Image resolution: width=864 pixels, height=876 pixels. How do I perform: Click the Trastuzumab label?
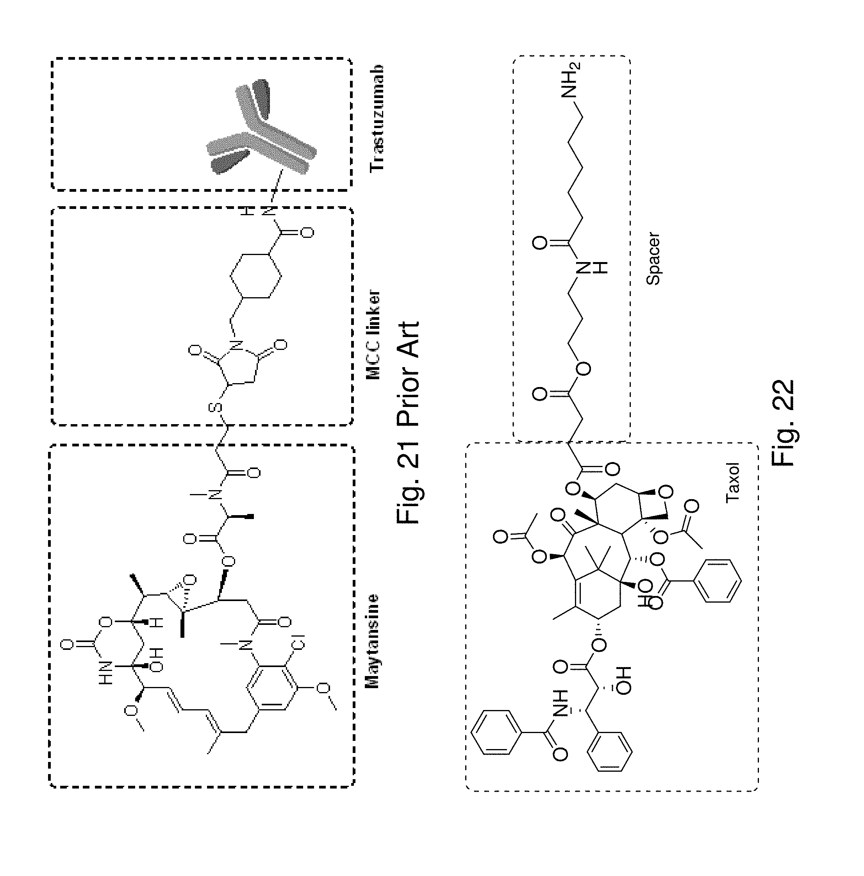[377, 118]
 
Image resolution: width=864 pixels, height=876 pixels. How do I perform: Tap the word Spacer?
[653, 259]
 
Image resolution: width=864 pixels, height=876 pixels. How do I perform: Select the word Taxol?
[732, 482]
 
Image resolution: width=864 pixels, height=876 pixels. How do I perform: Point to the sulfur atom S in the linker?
[216, 407]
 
